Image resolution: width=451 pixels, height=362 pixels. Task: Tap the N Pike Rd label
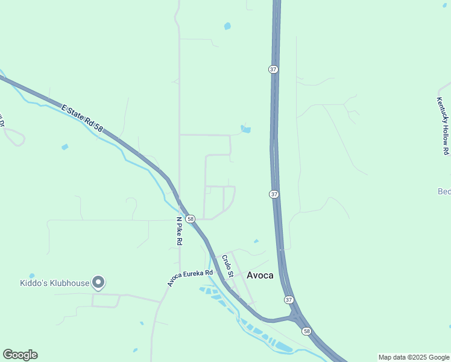[179, 231]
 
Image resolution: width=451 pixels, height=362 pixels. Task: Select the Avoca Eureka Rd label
[191, 278]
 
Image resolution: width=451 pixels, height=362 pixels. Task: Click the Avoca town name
[260, 275]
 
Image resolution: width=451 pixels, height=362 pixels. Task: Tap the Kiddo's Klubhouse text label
[53, 282]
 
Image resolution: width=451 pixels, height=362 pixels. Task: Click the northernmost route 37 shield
[273, 69]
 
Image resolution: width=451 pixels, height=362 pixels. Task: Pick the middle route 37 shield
[274, 194]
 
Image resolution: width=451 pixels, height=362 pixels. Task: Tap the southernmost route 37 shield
[289, 300]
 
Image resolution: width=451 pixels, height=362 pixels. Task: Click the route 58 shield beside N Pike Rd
[190, 218]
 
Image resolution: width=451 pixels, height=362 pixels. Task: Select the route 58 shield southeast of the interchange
[306, 331]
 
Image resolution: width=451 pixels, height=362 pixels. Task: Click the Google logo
[20, 355]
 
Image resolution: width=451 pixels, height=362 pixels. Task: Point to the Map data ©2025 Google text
[414, 357]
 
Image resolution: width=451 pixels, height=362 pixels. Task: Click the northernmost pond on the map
[227, 26]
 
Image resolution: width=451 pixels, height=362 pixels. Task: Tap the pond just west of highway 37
[245, 129]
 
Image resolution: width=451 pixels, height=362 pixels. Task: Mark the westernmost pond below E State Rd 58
[65, 147]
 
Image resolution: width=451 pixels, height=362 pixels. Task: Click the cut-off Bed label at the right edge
[444, 192]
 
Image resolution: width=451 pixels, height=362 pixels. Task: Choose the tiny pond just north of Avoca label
[256, 241]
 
